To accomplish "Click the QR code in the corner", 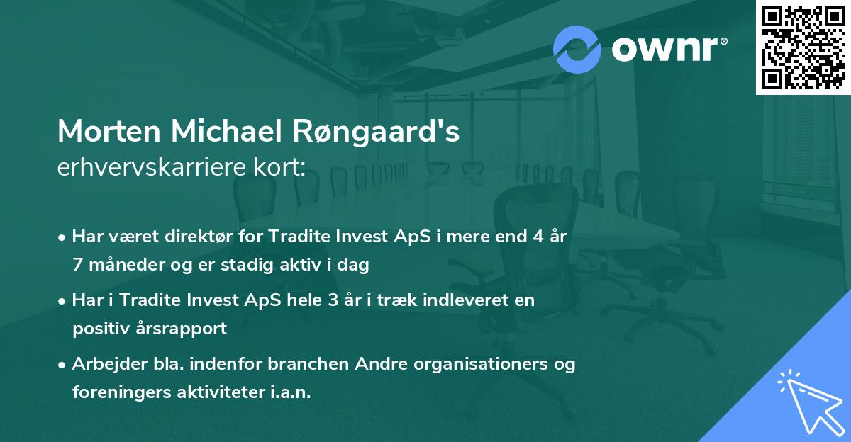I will point(803,47).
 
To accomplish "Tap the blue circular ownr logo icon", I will point(577,49).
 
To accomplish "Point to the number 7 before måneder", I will point(77,266).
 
